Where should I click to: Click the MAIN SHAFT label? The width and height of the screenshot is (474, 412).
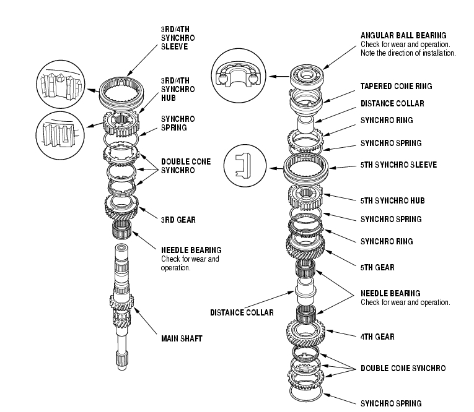(x=182, y=338)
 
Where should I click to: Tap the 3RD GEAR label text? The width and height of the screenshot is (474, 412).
(x=178, y=220)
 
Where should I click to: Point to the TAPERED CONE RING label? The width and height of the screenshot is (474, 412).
(x=397, y=87)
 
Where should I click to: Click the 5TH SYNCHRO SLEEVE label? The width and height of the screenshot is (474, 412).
(x=399, y=165)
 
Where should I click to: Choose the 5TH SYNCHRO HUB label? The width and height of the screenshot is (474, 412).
(x=393, y=200)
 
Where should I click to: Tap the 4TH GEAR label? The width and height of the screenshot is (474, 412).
(x=377, y=337)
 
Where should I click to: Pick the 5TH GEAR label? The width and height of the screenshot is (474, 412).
(x=377, y=267)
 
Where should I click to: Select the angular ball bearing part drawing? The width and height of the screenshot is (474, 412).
(x=307, y=75)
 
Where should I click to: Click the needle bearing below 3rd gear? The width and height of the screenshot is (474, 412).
(x=122, y=229)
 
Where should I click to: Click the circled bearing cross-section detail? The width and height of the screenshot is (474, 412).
(x=239, y=75)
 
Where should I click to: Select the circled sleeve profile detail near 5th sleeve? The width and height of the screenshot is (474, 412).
(x=245, y=165)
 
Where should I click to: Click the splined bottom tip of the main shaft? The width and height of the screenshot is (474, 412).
(x=122, y=361)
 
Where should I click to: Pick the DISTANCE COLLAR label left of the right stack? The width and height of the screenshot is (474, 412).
(x=242, y=312)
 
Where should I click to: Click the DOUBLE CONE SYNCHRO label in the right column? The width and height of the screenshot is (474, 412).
(x=403, y=368)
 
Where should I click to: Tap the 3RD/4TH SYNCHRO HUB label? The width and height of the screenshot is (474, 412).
(x=178, y=89)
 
